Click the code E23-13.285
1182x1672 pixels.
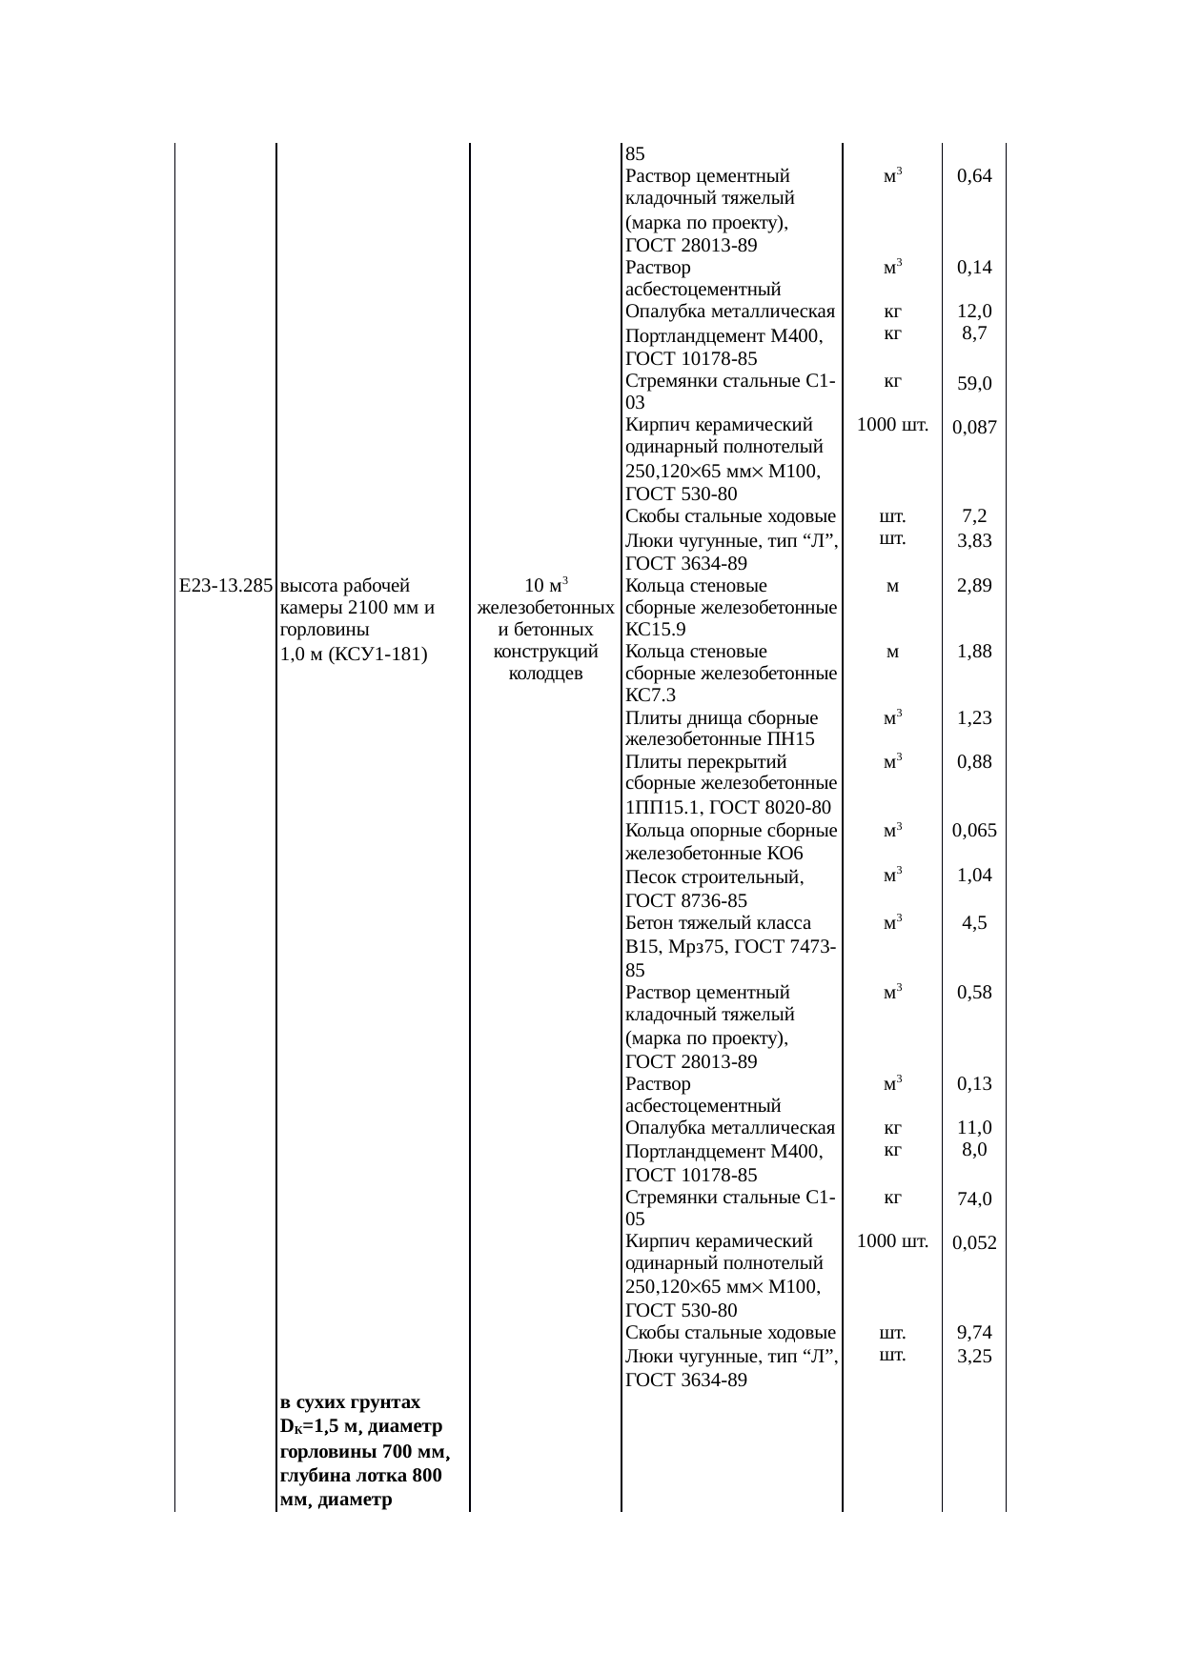226,585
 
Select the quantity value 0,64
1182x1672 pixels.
974,176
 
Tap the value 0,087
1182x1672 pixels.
974,428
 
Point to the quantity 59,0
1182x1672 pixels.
974,384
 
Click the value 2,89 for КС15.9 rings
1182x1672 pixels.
974,585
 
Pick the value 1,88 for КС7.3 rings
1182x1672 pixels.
974,652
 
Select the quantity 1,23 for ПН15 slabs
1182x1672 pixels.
974,718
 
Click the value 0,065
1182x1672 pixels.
974,830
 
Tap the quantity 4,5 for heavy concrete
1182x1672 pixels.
974,922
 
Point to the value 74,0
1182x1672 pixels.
974,1199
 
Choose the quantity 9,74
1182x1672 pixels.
974,1332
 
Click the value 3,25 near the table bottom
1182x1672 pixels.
974,1356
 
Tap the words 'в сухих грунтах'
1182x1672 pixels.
350,1402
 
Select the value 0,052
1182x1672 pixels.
974,1242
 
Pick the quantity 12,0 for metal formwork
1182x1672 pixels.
974,312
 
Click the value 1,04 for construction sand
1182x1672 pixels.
974,876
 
